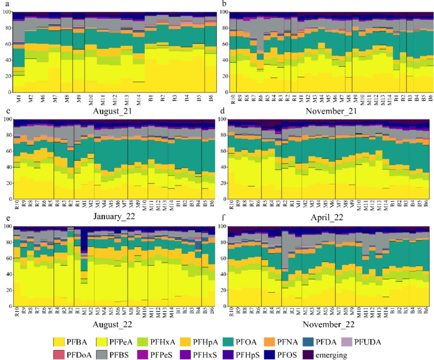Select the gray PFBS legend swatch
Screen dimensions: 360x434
click(101, 355)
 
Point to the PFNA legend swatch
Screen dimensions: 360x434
click(269, 342)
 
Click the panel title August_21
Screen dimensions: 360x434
click(113, 111)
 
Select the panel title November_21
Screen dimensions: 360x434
click(329, 111)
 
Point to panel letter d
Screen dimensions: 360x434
click(223, 111)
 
